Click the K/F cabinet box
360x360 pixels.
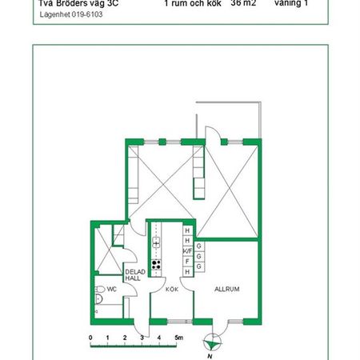click(x=187, y=251)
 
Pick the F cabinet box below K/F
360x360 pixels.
click(x=187, y=262)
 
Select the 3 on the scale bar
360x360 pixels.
click(x=142, y=338)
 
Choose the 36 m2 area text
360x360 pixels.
click(x=242, y=3)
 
